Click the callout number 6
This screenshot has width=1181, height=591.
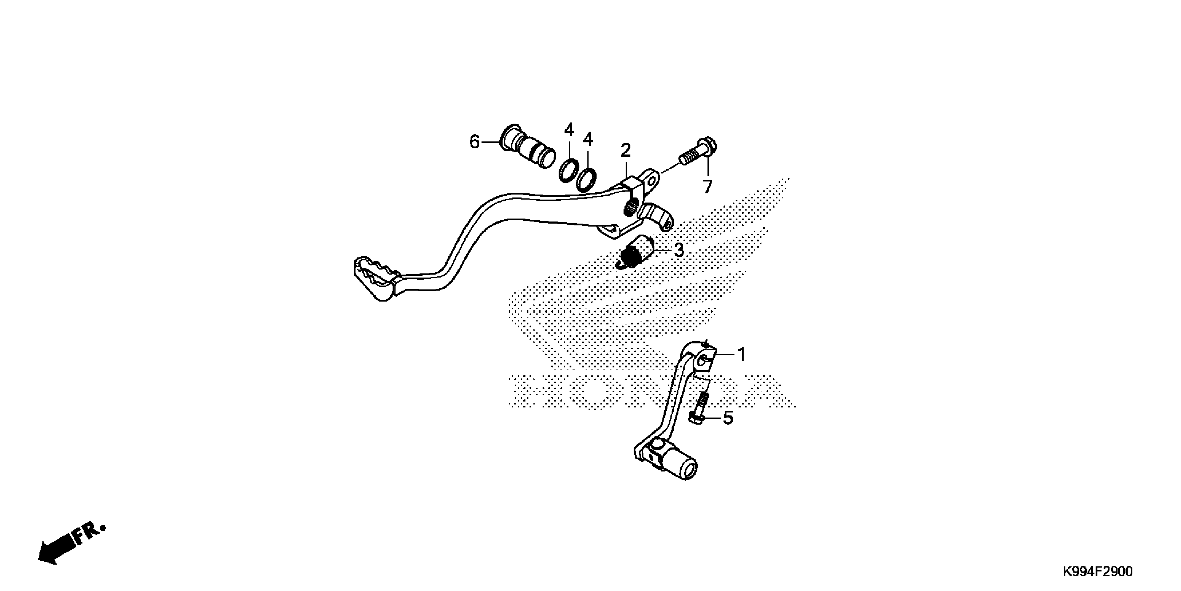pos(474,142)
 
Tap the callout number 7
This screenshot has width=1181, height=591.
pos(708,187)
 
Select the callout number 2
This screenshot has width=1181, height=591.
pos(626,151)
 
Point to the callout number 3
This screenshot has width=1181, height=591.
pos(678,250)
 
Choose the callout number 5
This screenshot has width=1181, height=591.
pos(728,418)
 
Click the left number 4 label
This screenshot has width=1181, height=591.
pos(569,130)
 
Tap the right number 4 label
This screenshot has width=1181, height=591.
pos(588,139)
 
